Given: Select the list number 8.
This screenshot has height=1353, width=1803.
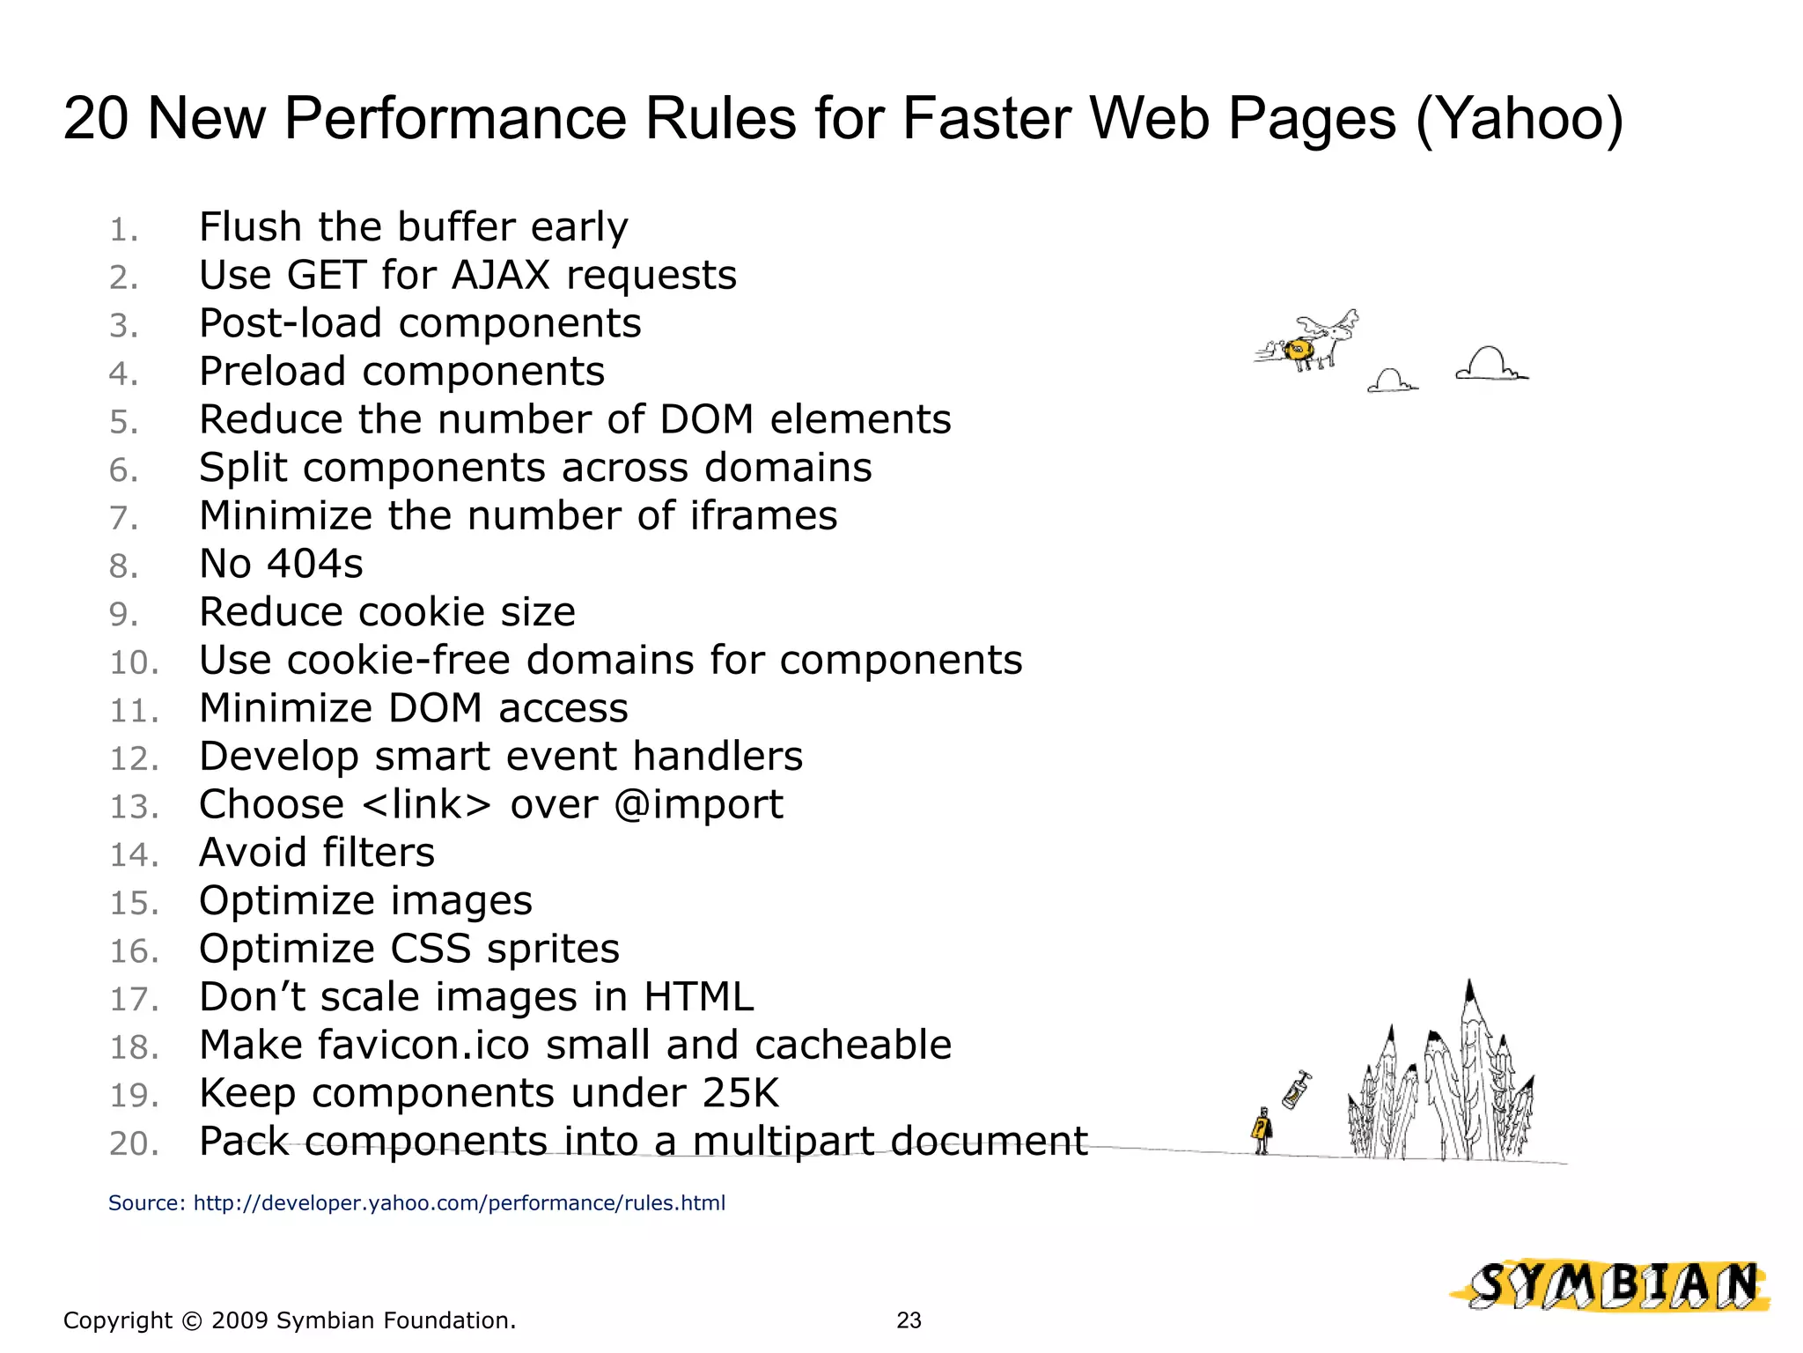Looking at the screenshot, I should pyautogui.click(x=123, y=566).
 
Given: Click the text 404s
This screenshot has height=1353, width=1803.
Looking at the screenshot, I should pyautogui.click(x=315, y=565).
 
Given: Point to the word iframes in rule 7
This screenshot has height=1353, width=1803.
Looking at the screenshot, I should pyautogui.click(x=763, y=516).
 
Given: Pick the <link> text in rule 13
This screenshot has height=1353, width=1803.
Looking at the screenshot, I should pyautogui.click(x=426, y=805).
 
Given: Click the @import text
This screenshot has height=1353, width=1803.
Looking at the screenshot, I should pyautogui.click(x=698, y=805).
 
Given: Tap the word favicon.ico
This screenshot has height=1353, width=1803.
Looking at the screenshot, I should pyautogui.click(x=423, y=1046).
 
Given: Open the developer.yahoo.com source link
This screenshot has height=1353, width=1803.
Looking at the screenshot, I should pyautogui.click(x=459, y=1203).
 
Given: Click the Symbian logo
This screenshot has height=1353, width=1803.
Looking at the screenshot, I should pyautogui.click(x=1612, y=1286).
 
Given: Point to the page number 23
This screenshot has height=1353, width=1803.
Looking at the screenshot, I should pyautogui.click(x=909, y=1320).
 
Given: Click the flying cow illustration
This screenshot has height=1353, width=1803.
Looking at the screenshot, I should pyautogui.click(x=1310, y=343).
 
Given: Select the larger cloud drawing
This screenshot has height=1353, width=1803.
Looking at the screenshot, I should pyautogui.click(x=1490, y=365).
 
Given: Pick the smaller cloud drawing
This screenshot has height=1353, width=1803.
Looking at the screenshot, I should pyautogui.click(x=1391, y=381).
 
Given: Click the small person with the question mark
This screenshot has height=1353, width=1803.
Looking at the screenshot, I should pyautogui.click(x=1262, y=1131).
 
